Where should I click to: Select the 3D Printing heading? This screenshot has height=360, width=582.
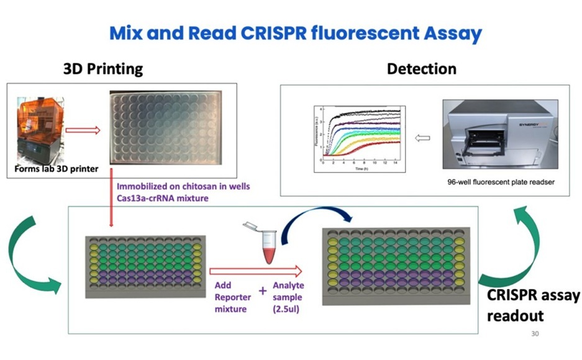(x=103, y=68)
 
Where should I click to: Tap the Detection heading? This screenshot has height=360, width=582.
(x=421, y=68)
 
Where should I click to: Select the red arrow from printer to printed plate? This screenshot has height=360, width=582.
(x=82, y=130)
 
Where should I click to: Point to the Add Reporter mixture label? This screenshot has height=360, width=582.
(x=230, y=297)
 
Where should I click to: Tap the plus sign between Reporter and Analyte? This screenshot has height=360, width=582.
(x=262, y=290)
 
